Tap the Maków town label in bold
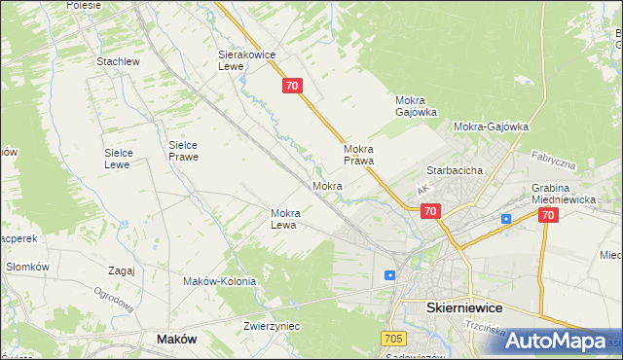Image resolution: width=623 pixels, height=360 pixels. click(x=177, y=339)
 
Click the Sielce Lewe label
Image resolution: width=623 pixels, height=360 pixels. click(x=125, y=159)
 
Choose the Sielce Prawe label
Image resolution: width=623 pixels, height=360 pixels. click(x=183, y=149)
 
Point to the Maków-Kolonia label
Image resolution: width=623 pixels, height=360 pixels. click(x=219, y=281)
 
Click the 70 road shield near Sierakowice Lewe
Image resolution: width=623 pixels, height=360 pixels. click(x=294, y=87)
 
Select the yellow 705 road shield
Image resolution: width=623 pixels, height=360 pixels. click(x=393, y=338)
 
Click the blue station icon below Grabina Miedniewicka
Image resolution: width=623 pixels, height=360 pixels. click(x=506, y=219)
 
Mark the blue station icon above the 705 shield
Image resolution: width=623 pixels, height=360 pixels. click(x=389, y=275)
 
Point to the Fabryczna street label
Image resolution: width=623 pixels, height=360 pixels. click(x=554, y=161)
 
